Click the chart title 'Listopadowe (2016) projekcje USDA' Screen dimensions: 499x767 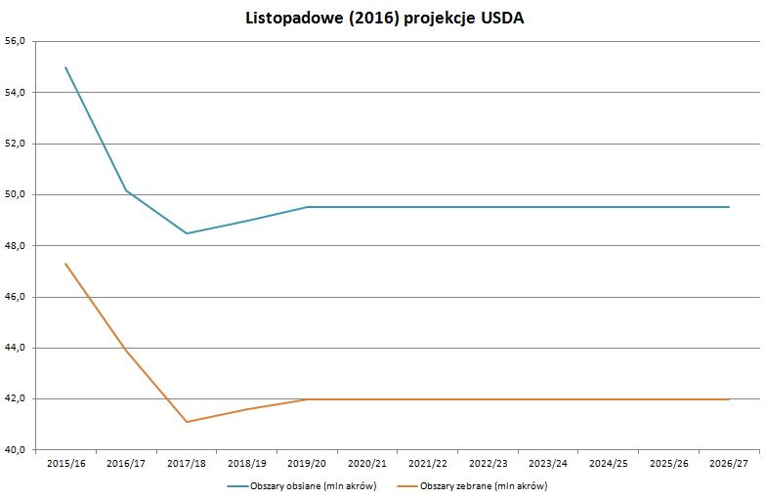pos(383,19)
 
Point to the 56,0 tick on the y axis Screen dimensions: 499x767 pos(18,41)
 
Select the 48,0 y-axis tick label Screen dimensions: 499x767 pos(18,246)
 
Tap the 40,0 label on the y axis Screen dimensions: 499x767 pos(18,450)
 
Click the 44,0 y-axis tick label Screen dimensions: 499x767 pos(18,348)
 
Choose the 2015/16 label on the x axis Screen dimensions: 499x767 pos(65,464)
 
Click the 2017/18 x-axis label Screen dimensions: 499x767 pos(187,464)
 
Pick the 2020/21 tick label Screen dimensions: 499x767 pos(367,464)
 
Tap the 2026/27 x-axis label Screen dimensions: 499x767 pos(729,464)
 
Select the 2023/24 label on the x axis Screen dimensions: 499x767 pos(548,464)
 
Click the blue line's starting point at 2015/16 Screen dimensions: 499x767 pos(65,67)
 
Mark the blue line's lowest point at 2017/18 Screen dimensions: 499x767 pos(187,233)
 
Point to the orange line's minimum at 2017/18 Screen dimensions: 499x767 pos(187,422)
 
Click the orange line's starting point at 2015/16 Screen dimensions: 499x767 pos(65,264)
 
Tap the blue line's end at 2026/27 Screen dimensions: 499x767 pos(729,207)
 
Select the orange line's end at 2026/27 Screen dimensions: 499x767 pos(729,399)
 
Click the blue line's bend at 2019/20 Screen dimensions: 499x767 pos(307,207)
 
